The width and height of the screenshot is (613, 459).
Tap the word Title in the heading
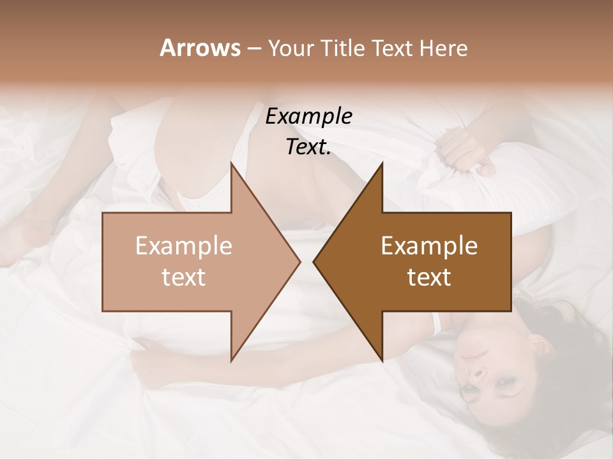(342, 48)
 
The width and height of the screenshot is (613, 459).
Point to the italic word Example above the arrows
(308, 117)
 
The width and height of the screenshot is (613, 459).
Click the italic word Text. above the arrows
(308, 147)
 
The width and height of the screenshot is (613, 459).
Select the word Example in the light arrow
(184, 246)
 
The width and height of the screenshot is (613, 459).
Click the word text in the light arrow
(184, 277)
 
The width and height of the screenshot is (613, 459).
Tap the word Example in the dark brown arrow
(429, 246)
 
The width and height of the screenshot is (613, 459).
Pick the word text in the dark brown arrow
(429, 277)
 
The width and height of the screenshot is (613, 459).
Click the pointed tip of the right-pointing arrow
(299, 261)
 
